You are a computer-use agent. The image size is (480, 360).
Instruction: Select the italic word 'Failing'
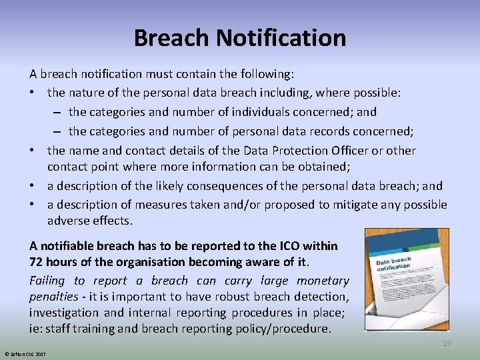pyautogui.click(x=47, y=281)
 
